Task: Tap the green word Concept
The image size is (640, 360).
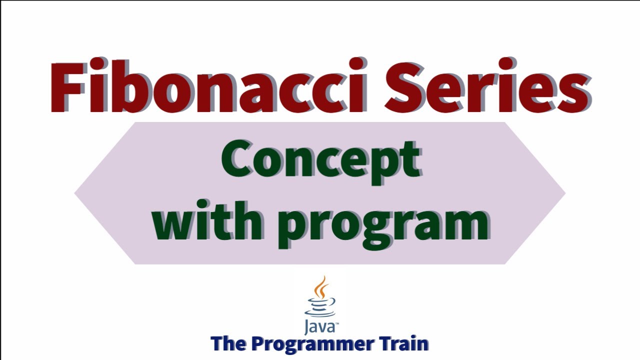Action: pos(320,159)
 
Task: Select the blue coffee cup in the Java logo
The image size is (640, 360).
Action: pos(320,306)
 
